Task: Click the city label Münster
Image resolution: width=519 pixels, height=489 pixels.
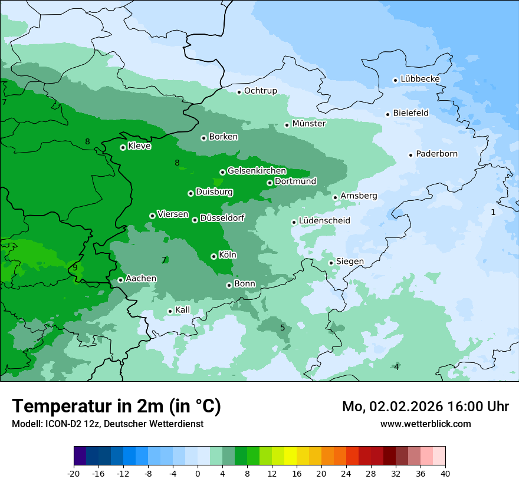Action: (x=308, y=124)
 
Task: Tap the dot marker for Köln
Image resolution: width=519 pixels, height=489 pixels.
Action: (x=213, y=256)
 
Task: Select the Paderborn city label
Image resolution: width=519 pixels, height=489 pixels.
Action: (x=436, y=154)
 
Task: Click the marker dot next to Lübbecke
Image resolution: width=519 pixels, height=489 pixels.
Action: (x=396, y=80)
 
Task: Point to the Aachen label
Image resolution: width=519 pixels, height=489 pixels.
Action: (x=141, y=278)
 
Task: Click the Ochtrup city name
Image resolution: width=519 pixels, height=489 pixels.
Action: (x=260, y=91)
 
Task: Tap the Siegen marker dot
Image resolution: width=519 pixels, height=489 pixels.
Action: (x=331, y=263)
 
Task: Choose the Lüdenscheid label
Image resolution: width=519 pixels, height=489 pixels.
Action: (x=324, y=221)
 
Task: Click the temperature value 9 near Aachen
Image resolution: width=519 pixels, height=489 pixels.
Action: (x=75, y=267)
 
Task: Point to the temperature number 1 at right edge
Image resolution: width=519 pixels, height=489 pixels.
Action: (x=493, y=212)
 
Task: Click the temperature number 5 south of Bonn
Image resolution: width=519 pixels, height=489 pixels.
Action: (x=283, y=328)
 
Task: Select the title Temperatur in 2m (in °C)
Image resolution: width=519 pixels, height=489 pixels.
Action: (x=116, y=406)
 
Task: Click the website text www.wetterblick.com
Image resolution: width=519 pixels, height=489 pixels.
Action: (x=425, y=424)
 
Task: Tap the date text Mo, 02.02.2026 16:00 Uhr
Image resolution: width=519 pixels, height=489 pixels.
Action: (x=425, y=407)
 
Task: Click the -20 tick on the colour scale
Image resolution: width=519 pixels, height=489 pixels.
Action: (x=74, y=473)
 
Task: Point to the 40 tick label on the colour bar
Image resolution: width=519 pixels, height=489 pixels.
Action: (x=445, y=473)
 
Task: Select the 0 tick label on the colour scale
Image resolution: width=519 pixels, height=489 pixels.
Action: (x=198, y=473)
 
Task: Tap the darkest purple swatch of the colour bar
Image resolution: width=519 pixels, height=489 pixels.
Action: (x=80, y=456)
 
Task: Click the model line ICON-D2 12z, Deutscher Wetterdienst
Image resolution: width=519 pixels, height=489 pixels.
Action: (x=107, y=424)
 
